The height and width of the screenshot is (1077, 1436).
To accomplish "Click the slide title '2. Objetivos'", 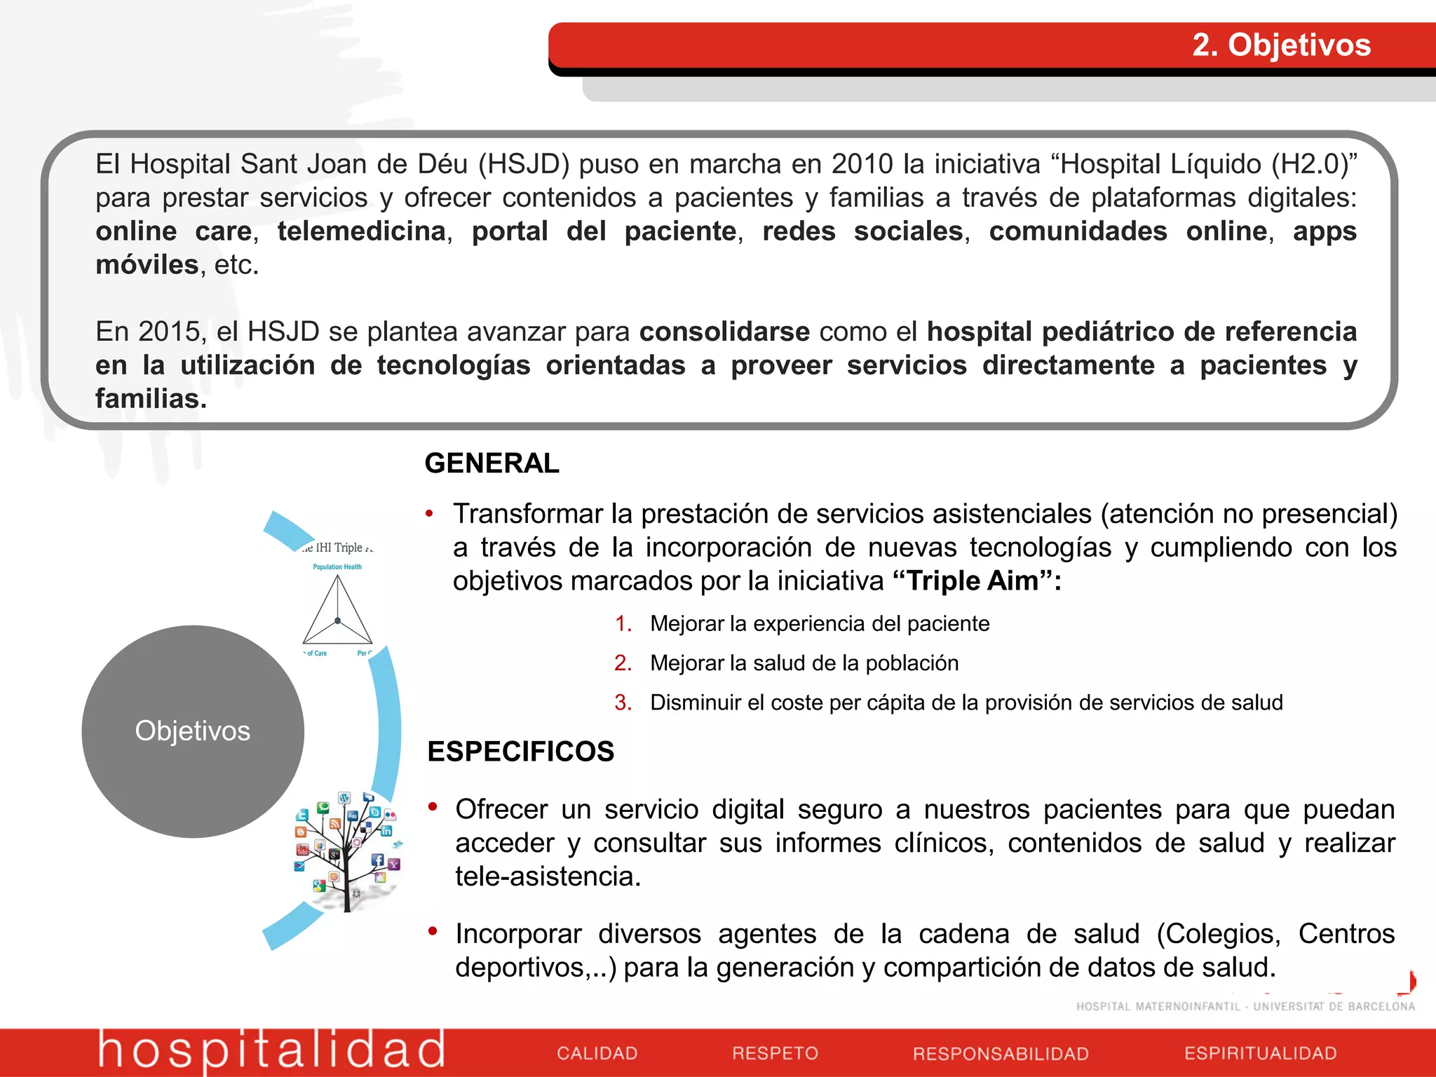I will (x=1281, y=45).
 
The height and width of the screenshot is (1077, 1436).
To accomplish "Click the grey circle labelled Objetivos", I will (x=192, y=731).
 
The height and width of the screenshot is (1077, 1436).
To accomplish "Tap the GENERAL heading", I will (x=492, y=463).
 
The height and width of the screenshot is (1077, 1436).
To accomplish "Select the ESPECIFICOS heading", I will (x=520, y=752).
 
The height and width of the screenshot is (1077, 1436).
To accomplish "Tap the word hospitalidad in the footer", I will (x=271, y=1050).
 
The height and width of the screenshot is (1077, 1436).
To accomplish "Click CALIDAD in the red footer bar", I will (x=597, y=1053).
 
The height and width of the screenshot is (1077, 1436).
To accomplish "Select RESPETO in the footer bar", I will (x=775, y=1053).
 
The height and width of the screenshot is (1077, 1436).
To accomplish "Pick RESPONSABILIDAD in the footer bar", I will (x=1001, y=1054).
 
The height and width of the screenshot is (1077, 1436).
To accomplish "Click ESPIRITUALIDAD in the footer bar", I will (x=1260, y=1053).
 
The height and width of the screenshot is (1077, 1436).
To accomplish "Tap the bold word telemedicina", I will (x=362, y=231).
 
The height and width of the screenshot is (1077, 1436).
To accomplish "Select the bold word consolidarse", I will (x=724, y=332).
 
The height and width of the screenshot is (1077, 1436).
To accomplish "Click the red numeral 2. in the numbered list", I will (x=623, y=663).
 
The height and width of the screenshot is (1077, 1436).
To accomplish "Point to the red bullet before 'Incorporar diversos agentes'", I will (x=433, y=931).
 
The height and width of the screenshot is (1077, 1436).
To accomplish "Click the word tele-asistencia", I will (x=548, y=876).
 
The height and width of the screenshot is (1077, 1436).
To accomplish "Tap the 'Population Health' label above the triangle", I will (x=337, y=567).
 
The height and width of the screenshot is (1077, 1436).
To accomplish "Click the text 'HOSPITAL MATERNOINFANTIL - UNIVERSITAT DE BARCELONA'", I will (x=1245, y=1007).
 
